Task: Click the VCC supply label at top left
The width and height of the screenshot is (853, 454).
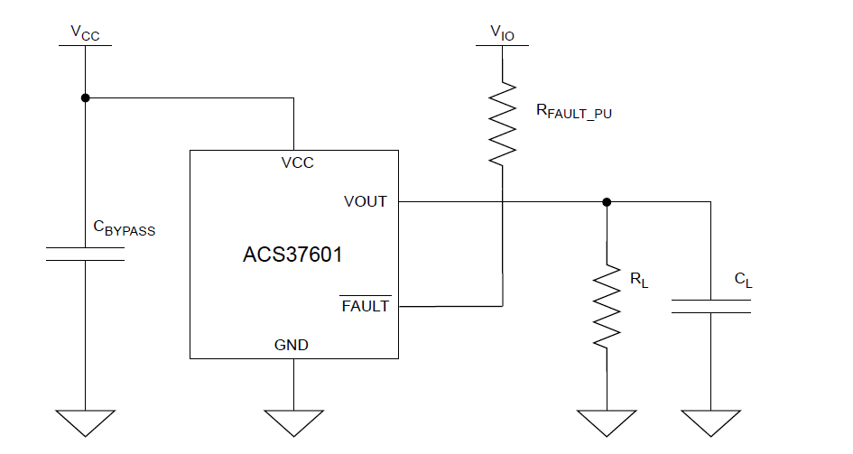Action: click(x=86, y=33)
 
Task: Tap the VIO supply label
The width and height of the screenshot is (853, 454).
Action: click(x=503, y=33)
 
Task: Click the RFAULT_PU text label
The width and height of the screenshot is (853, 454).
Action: click(x=574, y=112)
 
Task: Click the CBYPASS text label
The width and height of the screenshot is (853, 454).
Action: click(x=125, y=228)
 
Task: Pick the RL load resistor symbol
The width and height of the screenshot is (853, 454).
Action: click(x=607, y=305)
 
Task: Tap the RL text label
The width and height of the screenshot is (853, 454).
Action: click(x=639, y=279)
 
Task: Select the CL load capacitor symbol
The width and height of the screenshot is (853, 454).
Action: click(x=710, y=306)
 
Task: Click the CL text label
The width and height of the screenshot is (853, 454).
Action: click(x=743, y=281)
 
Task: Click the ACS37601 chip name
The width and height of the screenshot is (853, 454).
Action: click(x=293, y=255)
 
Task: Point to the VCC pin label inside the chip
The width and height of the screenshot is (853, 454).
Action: click(x=297, y=163)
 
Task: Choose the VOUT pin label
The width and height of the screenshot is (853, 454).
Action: click(x=366, y=201)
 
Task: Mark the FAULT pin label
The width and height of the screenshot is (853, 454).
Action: click(x=366, y=306)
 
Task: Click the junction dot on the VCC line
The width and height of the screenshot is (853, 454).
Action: click(x=86, y=97)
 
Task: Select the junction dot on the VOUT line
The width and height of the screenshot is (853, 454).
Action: click(x=607, y=201)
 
